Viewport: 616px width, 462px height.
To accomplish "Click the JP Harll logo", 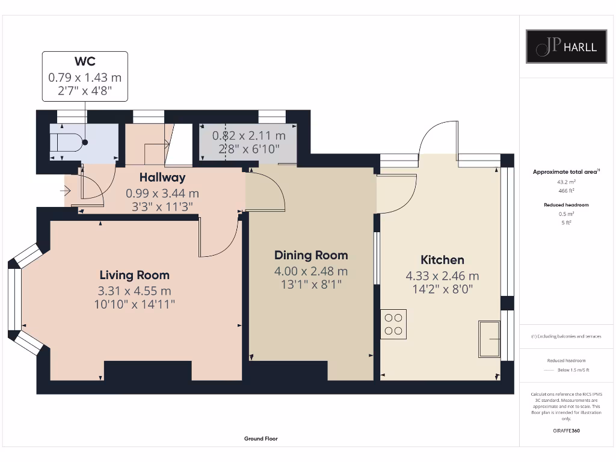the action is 566,46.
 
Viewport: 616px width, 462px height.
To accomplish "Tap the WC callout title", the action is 85,61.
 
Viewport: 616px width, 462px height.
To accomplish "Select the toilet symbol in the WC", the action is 69,142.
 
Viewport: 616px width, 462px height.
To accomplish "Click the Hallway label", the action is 162,177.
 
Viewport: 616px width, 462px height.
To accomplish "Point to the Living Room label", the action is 134,275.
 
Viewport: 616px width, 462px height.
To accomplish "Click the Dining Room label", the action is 311,255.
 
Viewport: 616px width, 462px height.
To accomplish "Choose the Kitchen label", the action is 442,260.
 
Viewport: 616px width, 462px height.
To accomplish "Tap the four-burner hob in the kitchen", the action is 393,324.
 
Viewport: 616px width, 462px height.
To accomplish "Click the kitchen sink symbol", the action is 489,339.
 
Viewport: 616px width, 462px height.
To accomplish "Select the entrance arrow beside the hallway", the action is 65,191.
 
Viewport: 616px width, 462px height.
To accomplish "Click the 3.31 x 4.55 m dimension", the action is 134,291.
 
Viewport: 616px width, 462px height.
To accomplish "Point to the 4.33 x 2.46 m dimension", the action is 442,276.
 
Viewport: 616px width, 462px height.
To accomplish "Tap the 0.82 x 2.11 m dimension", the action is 248,136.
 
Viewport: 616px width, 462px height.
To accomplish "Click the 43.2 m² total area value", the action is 566,182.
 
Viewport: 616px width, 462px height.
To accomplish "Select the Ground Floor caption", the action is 261,439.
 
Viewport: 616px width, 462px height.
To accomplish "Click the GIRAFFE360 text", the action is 566,431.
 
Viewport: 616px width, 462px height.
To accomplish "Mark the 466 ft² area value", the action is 566,191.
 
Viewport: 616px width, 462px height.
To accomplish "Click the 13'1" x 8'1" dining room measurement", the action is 311,285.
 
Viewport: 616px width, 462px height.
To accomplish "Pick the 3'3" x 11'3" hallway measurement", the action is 162,207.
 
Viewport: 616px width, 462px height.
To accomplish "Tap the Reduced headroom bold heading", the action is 566,205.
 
